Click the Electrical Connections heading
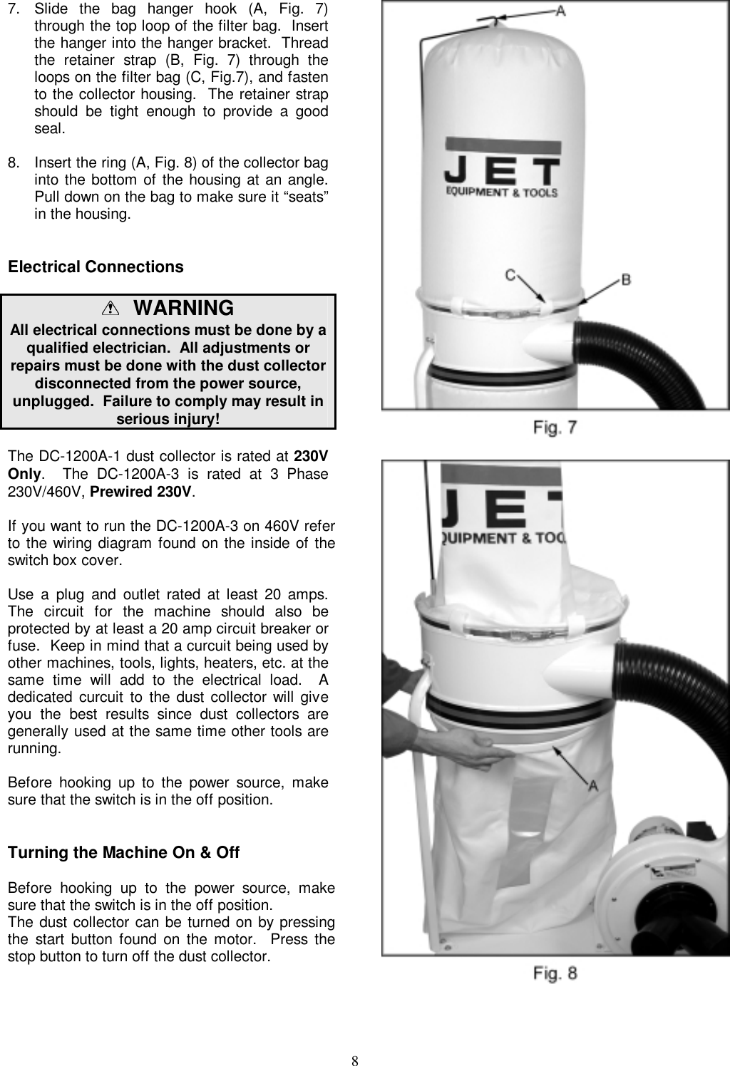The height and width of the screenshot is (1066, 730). pos(95,267)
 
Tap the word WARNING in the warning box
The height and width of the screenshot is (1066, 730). pos(183,308)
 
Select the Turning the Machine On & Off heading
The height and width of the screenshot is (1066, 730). pos(123,853)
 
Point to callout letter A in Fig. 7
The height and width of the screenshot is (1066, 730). pos(561,11)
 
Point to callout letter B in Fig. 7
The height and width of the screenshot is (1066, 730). pos(626,279)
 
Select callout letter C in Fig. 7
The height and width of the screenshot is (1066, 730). pos(511,275)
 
